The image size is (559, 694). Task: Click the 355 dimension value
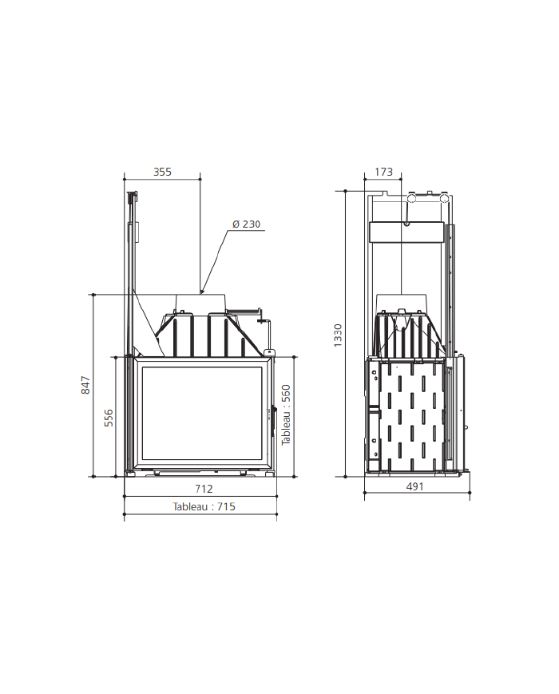point(162,172)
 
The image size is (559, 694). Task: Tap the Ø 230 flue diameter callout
point(247,224)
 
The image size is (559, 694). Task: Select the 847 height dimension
point(85,385)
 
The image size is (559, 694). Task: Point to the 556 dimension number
point(109,418)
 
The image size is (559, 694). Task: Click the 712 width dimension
point(204,489)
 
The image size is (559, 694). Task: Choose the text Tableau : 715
point(204,506)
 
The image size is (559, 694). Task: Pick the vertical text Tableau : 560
point(286,414)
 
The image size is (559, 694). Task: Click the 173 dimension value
point(383,172)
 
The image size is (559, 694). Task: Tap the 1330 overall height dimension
point(338,335)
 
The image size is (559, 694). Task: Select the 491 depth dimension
point(414,486)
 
